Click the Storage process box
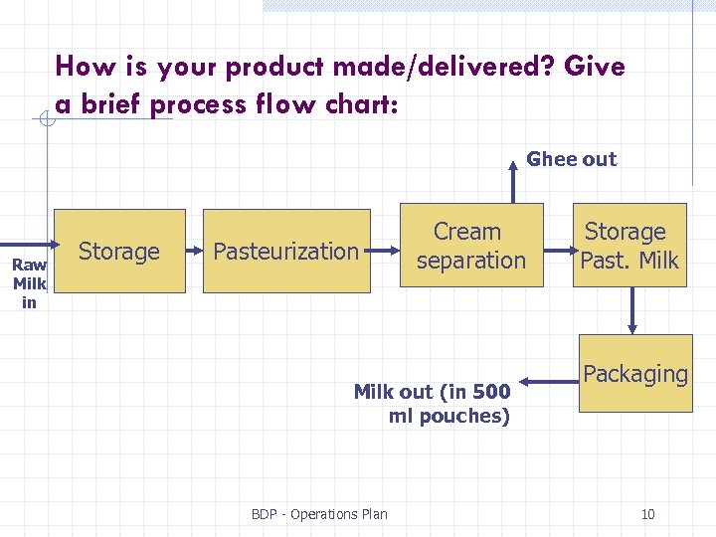(119, 252)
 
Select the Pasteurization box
(286, 252)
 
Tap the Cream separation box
(471, 246)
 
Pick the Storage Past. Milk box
(629, 246)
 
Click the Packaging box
(634, 375)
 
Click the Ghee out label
(571, 159)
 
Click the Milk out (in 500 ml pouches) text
(433, 404)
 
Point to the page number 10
(647, 514)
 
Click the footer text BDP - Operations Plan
(319, 514)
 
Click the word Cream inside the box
(467, 232)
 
